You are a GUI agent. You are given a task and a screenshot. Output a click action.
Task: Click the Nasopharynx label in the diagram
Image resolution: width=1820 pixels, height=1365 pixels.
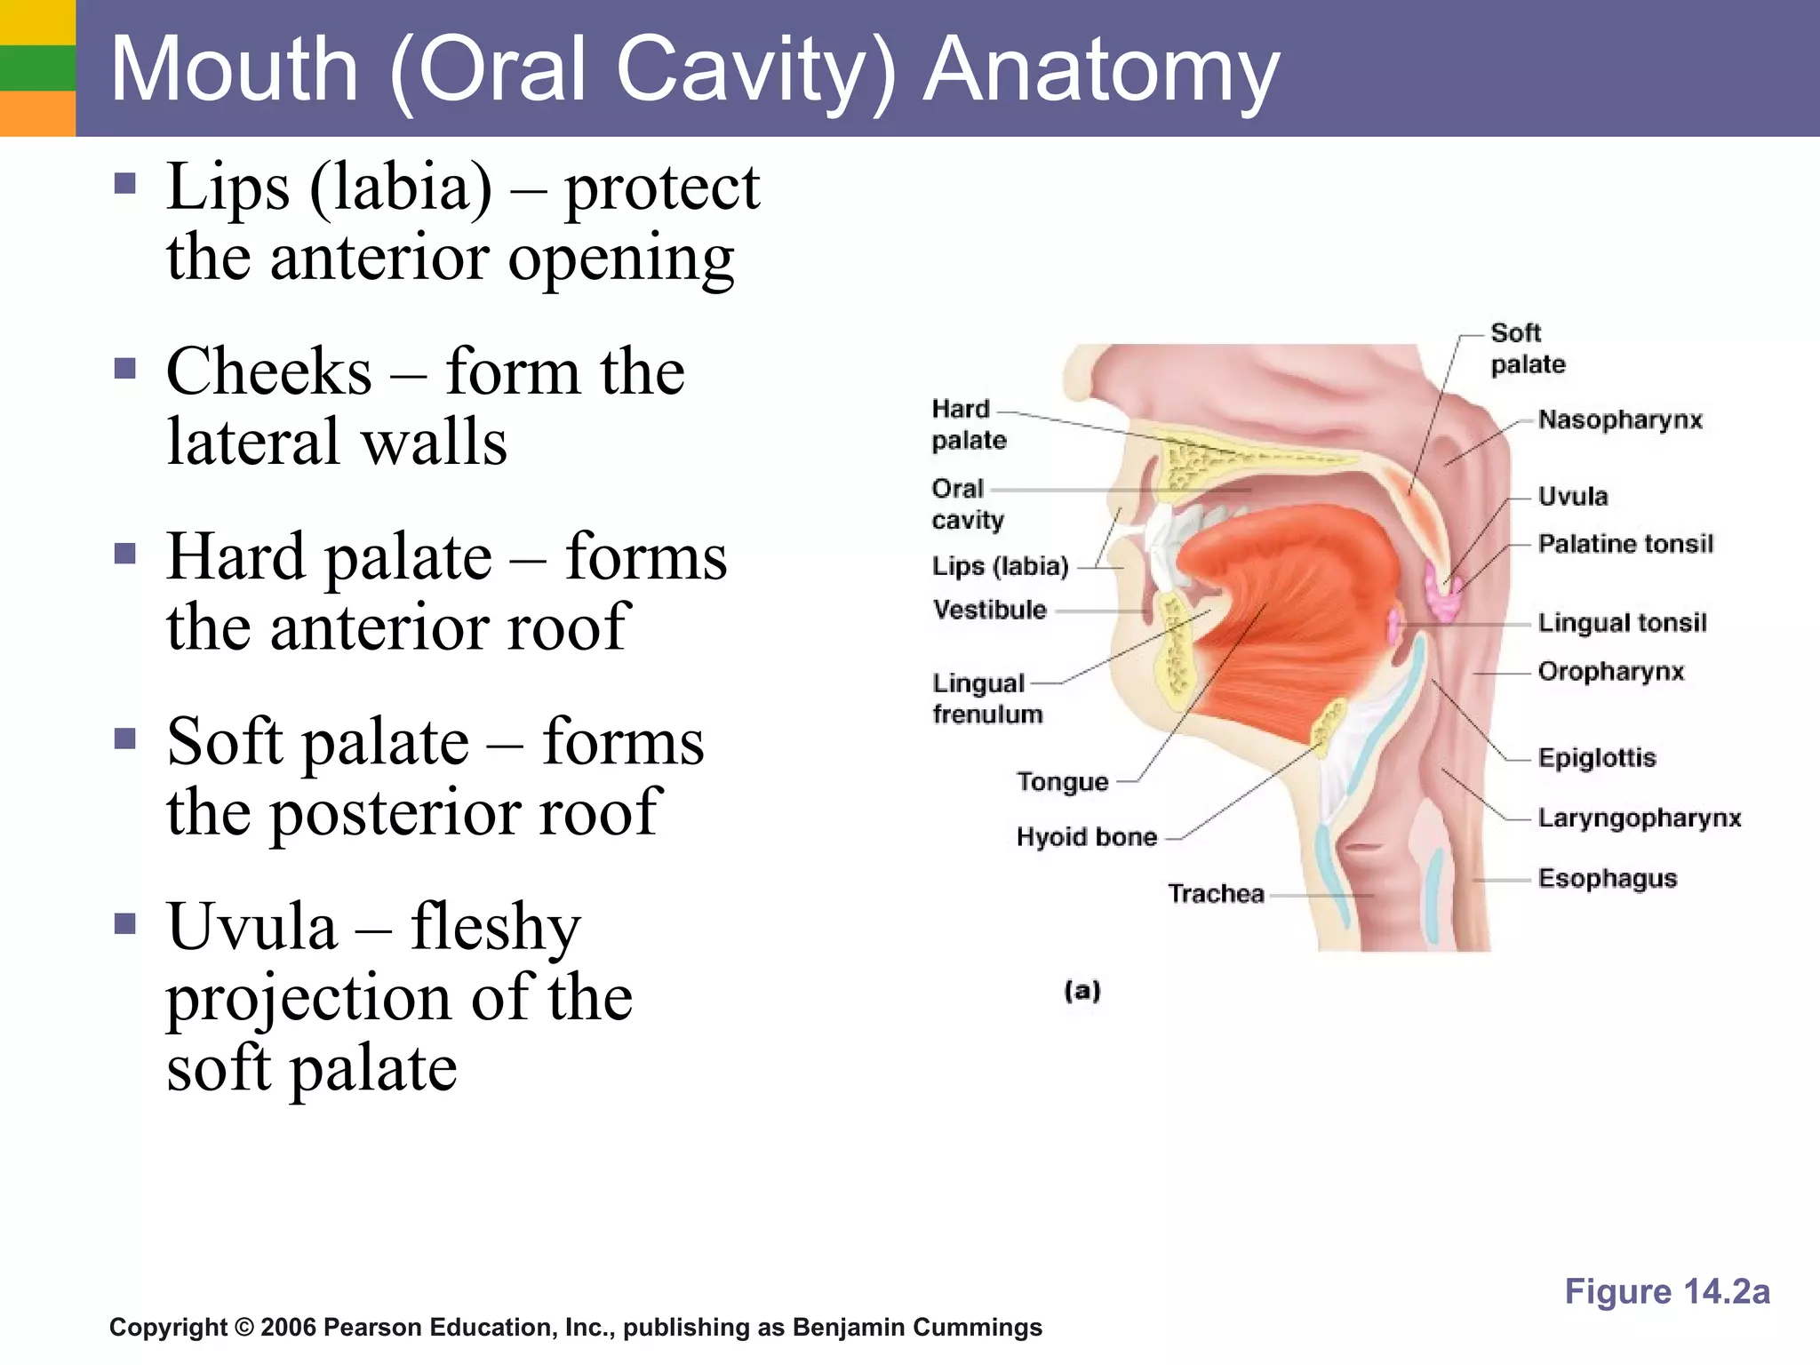point(1619,419)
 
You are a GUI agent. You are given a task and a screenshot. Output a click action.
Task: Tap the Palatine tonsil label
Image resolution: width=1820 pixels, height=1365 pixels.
point(1624,543)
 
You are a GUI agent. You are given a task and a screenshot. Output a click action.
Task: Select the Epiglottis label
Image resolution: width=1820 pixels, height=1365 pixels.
point(1597,758)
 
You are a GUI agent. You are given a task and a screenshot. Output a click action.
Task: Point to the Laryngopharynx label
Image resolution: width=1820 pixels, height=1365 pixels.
point(1639,818)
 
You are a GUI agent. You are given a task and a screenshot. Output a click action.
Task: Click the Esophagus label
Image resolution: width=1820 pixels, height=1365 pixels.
point(1607,878)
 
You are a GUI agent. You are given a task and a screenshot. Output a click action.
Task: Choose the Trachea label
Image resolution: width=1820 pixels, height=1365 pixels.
point(1215,893)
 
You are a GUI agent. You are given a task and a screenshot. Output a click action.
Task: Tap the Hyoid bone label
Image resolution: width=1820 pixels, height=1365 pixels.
point(1086,837)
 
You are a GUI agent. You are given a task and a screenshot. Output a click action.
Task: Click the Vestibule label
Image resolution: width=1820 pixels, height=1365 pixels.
point(989,610)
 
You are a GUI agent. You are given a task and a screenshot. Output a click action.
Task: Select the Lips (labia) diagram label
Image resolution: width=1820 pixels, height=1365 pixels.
point(999,566)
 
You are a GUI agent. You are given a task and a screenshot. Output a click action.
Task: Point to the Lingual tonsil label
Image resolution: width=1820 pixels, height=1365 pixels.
point(1622,622)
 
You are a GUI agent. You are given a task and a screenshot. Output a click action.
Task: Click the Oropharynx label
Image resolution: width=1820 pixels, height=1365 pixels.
point(1610,671)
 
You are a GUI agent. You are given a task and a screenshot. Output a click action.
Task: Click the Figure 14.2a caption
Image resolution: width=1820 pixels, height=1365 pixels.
point(1666,1291)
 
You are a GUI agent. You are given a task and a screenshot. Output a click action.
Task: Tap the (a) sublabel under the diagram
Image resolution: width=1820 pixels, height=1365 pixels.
point(1082,990)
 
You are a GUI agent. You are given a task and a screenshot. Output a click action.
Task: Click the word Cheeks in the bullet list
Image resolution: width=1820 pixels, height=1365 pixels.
point(268,371)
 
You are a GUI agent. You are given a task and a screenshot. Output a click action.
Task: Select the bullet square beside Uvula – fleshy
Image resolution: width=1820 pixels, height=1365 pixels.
point(125,924)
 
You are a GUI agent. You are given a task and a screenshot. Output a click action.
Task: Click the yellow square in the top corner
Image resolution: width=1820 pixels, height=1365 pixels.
point(37,21)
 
